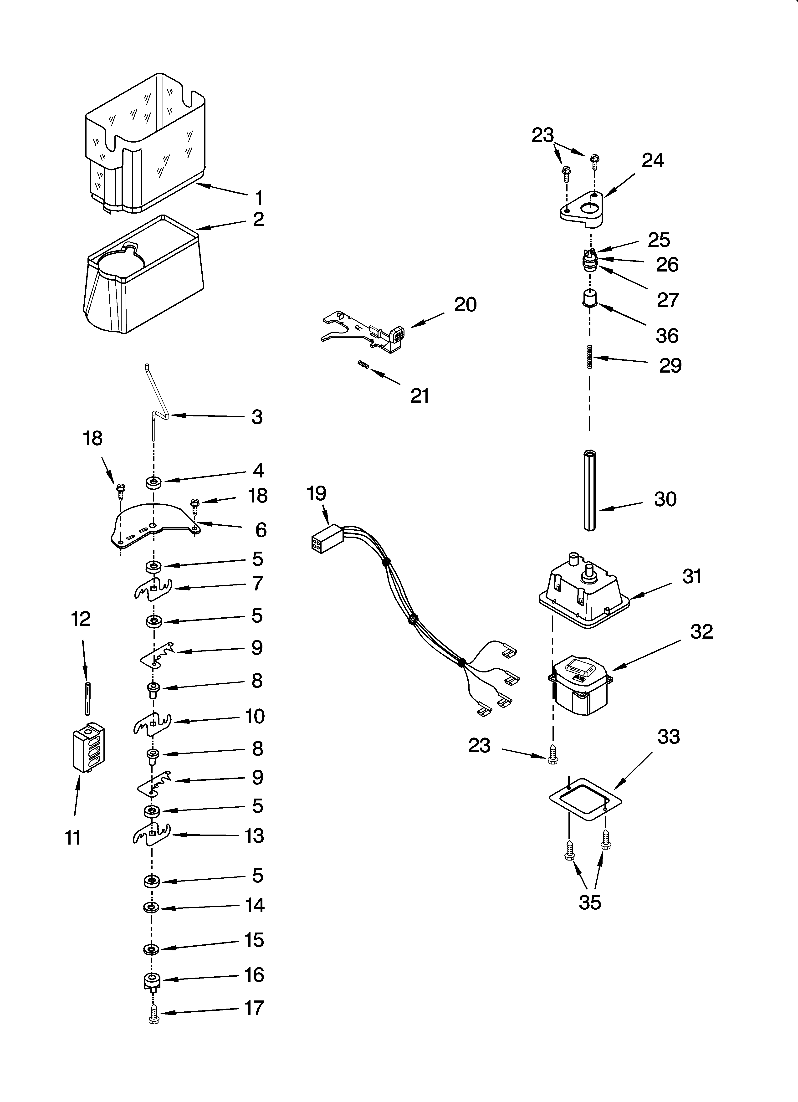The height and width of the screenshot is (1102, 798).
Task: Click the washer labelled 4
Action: coord(154,482)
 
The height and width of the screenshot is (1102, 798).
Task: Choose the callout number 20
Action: coord(465,305)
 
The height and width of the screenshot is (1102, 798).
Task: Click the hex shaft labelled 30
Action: coord(589,491)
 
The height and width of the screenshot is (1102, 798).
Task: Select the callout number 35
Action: coord(590,902)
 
